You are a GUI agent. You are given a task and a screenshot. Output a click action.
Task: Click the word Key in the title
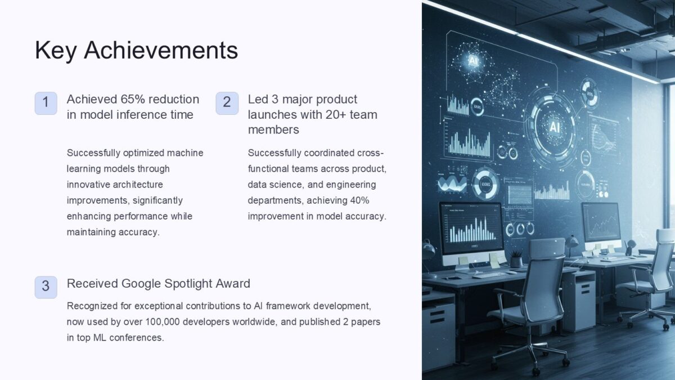point(55,50)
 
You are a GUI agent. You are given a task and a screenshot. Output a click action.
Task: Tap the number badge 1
point(46,103)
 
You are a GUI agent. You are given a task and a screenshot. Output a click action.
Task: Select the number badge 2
point(227,103)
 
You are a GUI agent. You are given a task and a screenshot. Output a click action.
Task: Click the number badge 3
point(46,287)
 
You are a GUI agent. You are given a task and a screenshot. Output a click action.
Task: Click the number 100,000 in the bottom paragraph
point(163,322)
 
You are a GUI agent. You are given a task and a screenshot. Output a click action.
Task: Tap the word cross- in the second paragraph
point(370,153)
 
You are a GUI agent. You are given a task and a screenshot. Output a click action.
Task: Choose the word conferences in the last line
point(137,337)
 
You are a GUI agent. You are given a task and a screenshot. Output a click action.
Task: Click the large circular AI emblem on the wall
point(553,127)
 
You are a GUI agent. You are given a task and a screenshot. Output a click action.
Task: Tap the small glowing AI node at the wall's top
point(473,61)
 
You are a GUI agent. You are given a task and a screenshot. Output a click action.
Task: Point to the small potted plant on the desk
point(516,259)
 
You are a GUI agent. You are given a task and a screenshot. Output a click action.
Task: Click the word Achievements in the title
point(161,50)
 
